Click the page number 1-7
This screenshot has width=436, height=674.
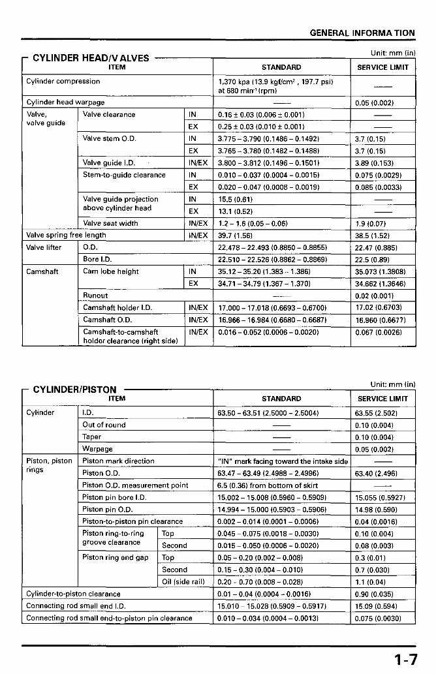pyautogui.click(x=405, y=660)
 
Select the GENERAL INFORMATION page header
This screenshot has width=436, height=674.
pyautogui.click(x=362, y=33)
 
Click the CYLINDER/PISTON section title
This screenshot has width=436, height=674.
pyautogui.click(x=74, y=390)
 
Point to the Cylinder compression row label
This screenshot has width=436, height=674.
pyautogui.click(x=63, y=82)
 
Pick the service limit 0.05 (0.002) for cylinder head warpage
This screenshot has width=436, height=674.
pyautogui.click(x=375, y=102)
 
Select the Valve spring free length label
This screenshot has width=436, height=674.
pyautogui.click(x=66, y=235)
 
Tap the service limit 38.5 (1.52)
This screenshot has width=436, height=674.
pyautogui.click(x=373, y=235)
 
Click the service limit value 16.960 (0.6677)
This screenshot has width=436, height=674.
pyautogui.click(x=378, y=320)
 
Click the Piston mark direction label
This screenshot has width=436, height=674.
pyautogui.click(x=118, y=461)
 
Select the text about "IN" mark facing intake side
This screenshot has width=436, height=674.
pyautogui.click(x=282, y=461)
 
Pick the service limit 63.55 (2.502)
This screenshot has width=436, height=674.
pyautogui.click(x=376, y=413)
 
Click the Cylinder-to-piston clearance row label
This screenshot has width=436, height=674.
pyautogui.click(x=73, y=594)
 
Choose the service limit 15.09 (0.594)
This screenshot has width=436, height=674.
pyautogui.click(x=375, y=605)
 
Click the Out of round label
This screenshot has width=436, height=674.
pyautogui.click(x=104, y=425)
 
